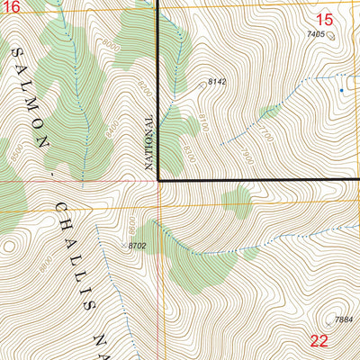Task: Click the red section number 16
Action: pos(9,6)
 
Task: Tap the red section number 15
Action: pos(326,18)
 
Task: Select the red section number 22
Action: pos(319,340)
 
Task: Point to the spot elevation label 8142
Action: pos(216,82)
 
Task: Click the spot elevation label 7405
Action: pos(314,33)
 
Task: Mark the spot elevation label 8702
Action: pos(138,245)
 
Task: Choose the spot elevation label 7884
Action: pos(343,319)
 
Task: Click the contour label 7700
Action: pos(265,131)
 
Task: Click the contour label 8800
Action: pos(42,264)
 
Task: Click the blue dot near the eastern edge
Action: pos(341,90)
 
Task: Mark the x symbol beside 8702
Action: pos(123,243)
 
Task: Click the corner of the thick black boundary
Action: pos(159,180)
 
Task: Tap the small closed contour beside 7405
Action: pos(330,36)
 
